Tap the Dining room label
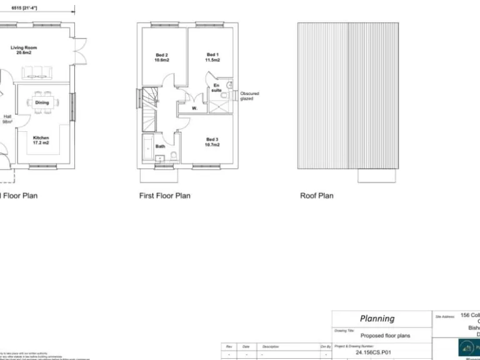[42, 102]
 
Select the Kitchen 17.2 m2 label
[41, 140]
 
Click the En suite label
[216, 87]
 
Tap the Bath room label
[161, 146]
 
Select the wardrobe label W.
[194, 108]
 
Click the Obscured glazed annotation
[249, 96]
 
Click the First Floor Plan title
[164, 196]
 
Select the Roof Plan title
[316, 196]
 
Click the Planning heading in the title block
[377, 318]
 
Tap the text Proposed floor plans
[386, 336]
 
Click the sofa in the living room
[40, 73]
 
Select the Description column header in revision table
[271, 346]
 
